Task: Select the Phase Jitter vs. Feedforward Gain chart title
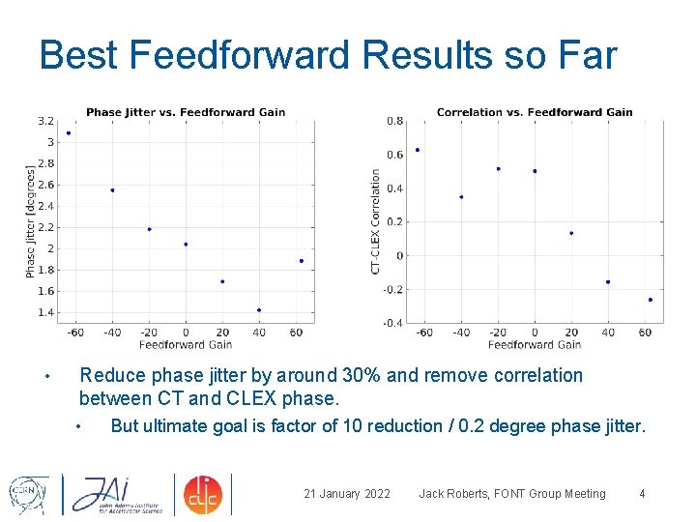pos(186,112)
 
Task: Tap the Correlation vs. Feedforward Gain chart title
pos(535,112)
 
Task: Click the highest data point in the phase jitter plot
pos(69,133)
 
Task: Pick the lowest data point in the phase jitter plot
pos(259,310)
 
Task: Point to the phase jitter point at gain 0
pos(186,245)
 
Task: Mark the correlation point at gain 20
pos(571,233)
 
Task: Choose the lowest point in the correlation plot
pos(651,300)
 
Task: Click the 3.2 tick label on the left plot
pos(45,122)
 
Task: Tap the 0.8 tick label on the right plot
pos(395,122)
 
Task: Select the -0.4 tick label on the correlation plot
pos(394,323)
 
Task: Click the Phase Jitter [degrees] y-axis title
pos(30,221)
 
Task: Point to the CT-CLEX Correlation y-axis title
pos(376,221)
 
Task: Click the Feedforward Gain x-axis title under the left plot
pos(186,344)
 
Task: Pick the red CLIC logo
pos(203,493)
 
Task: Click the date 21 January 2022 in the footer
pos(347,494)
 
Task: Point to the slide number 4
pos(642,494)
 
